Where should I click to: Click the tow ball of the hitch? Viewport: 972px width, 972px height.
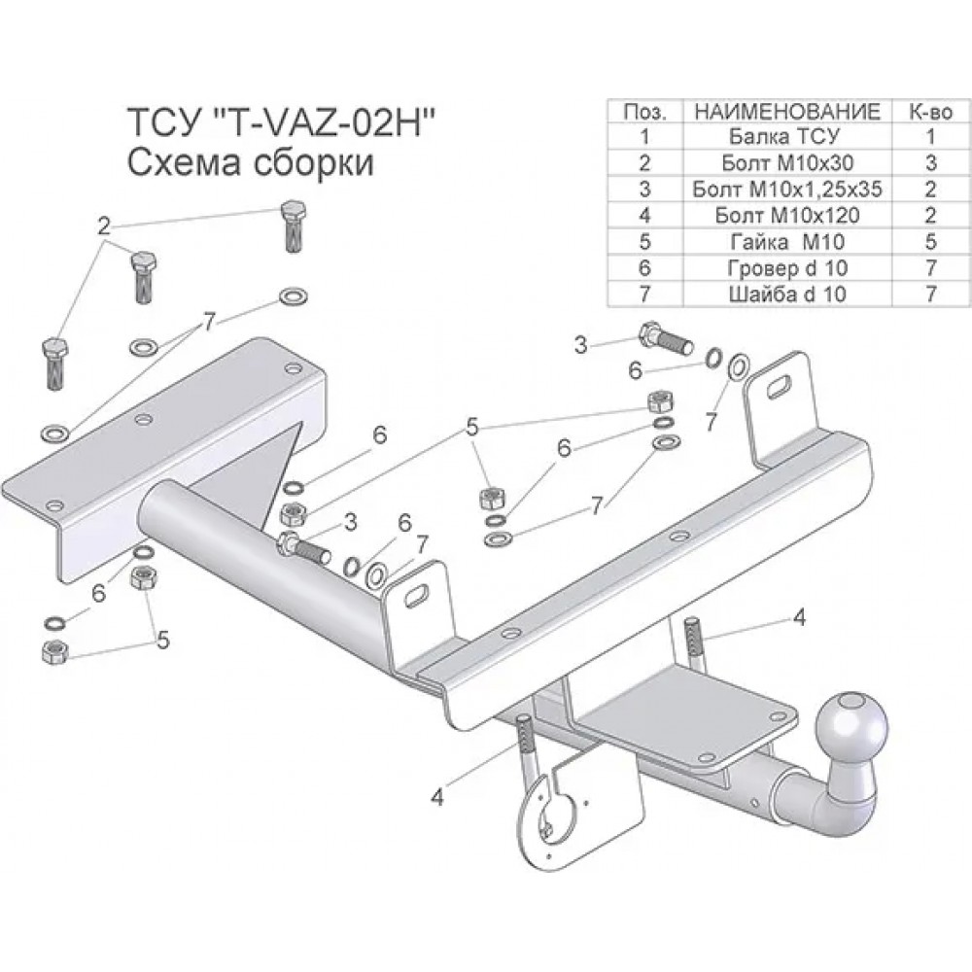click(x=851, y=726)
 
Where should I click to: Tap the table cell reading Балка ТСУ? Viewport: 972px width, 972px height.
click(x=786, y=136)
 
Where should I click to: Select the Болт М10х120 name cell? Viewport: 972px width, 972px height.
click(x=786, y=215)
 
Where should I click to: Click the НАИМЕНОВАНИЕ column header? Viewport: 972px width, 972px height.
click(x=786, y=111)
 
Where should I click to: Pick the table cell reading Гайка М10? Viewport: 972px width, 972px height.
click(x=786, y=242)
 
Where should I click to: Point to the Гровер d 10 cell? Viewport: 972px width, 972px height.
click(x=786, y=268)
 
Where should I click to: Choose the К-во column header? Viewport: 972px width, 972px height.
click(x=930, y=111)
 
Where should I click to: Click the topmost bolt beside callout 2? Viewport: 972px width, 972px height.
click(x=294, y=226)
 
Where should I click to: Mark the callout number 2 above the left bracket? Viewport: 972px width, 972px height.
click(x=104, y=226)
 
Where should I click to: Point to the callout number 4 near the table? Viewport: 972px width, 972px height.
click(x=800, y=617)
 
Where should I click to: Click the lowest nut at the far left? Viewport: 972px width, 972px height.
click(x=54, y=651)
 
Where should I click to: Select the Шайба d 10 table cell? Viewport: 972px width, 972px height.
click(x=786, y=294)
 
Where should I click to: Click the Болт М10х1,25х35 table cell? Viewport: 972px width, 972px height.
click(x=786, y=190)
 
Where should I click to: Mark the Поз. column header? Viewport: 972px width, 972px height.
click(x=644, y=111)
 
